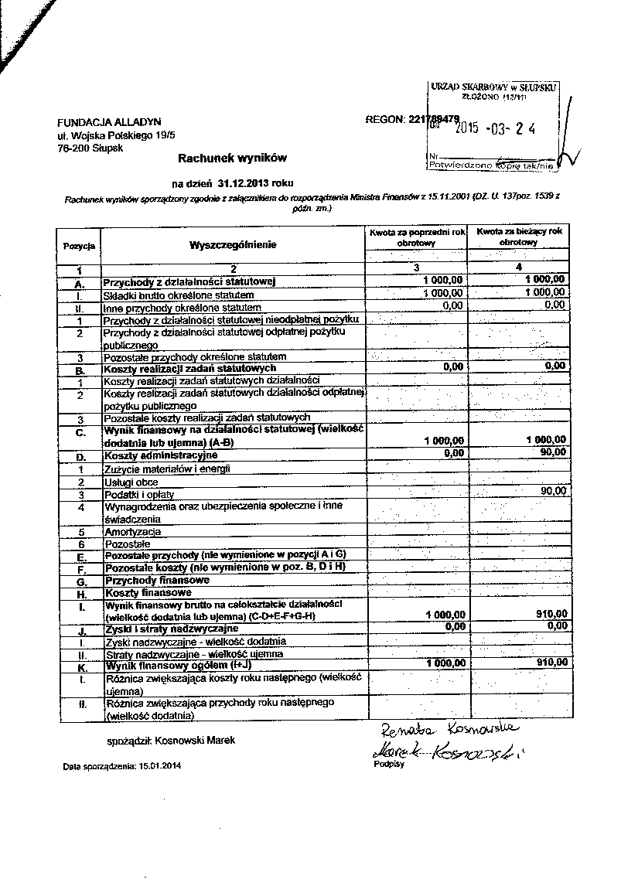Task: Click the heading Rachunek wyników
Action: pos(232,158)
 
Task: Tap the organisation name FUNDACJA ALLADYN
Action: pos(98,122)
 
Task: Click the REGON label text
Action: pos(384,119)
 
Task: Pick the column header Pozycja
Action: pos(79,246)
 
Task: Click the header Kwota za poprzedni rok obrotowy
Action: pos(417,237)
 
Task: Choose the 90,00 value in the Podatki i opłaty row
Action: pos(553,491)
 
